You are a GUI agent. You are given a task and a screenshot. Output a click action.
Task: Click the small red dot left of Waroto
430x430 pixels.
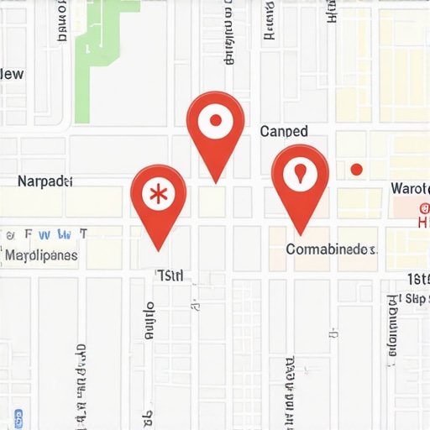coord(356,170)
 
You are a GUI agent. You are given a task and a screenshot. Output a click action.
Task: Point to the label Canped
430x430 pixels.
coord(284,132)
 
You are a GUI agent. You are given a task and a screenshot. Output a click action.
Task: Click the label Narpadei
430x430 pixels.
coord(45,181)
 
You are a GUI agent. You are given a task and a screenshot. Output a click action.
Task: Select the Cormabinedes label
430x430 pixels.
coord(331,249)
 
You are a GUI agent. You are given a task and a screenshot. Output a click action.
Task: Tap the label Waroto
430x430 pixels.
coord(410,188)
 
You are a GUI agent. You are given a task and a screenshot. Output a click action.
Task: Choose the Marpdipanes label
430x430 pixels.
coord(41,254)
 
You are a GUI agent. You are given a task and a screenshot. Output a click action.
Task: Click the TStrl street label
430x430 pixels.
coord(170,275)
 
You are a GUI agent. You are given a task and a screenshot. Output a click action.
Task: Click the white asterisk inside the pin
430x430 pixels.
coord(157,194)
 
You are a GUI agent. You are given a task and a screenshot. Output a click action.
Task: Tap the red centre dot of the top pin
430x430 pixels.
coord(215,121)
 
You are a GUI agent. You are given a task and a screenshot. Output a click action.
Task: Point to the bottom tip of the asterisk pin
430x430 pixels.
coord(159,249)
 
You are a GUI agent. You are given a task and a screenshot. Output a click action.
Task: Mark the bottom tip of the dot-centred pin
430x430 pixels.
coord(216,181)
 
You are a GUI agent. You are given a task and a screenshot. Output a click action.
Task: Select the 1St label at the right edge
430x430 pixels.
coord(417,279)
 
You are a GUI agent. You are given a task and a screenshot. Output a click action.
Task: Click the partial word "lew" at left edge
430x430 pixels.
coord(12,75)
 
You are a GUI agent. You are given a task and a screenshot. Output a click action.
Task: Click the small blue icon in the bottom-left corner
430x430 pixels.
coord(18,413)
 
